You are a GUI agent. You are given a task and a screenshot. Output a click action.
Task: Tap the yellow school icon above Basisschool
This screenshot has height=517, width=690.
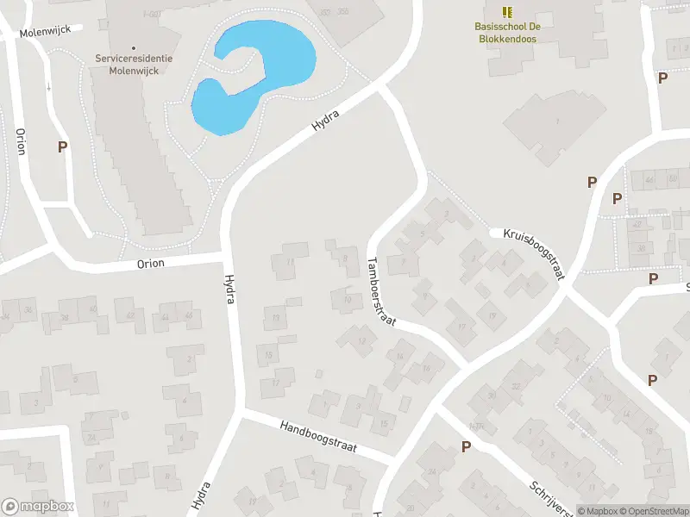(508, 12)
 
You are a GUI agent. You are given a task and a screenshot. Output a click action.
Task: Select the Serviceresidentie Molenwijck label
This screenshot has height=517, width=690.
(134, 63)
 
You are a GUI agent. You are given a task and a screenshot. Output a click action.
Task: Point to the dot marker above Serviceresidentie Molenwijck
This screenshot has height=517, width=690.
(134, 47)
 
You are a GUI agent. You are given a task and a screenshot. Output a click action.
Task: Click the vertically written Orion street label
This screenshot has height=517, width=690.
(21, 141)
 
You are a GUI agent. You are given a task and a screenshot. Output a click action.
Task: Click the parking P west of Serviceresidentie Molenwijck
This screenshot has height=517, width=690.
(62, 147)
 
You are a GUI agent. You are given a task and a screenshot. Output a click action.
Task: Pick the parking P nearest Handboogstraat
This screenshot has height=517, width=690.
(466, 446)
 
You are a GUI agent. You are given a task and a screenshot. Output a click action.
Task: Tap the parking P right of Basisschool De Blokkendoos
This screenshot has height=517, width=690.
(662, 78)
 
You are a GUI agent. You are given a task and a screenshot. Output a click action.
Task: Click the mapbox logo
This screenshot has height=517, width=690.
(38, 507)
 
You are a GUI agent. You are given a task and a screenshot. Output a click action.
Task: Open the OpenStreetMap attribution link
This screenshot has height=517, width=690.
(653, 511)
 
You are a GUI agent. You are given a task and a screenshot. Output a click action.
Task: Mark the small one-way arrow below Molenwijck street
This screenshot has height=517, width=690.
(50, 86)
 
